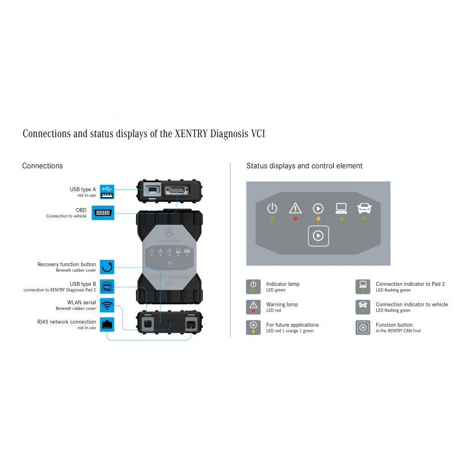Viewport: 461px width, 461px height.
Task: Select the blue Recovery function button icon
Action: [107, 267]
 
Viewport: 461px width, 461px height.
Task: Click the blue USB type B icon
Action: [107, 286]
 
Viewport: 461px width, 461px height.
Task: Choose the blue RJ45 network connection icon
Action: [107, 324]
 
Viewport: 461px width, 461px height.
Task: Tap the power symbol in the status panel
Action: [273, 208]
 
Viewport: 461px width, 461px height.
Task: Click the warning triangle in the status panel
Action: [296, 208]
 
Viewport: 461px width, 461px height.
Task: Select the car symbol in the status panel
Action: [364, 208]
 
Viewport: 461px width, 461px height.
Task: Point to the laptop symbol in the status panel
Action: [341, 208]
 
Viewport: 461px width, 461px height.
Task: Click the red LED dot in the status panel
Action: [296, 219]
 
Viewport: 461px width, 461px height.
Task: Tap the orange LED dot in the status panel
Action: [319, 219]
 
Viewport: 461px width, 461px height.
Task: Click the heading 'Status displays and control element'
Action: [304, 166]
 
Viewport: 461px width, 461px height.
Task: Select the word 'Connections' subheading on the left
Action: [43, 166]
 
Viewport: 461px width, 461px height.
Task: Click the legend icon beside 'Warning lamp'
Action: [254, 307]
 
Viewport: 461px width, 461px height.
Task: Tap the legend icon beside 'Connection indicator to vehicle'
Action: [363, 307]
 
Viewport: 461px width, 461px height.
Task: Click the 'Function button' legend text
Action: [394, 325]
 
